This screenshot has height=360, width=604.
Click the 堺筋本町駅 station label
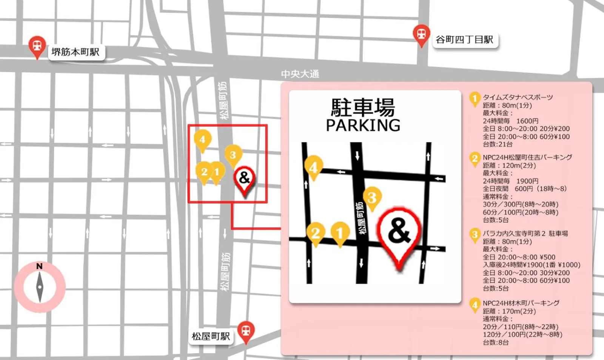(75, 52)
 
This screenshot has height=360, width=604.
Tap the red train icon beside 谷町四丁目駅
(421, 34)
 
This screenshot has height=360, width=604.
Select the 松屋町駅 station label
(211, 336)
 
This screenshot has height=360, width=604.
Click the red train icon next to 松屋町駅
(246, 331)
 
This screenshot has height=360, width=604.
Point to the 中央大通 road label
(300, 74)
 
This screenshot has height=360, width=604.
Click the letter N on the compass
(39, 266)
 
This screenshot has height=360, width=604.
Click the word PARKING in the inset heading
(363, 125)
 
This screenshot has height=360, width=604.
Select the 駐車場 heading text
(363, 108)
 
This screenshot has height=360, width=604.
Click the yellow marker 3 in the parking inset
(372, 197)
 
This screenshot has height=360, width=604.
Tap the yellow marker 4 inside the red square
(202, 140)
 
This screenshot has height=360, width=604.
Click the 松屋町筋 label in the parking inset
(361, 218)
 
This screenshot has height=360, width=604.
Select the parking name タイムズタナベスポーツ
(518, 97)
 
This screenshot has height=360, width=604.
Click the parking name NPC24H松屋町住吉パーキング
(527, 157)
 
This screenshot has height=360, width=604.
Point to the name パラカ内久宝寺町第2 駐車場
(525, 234)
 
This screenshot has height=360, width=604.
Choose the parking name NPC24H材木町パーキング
(521, 303)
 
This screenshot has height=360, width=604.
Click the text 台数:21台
(498, 144)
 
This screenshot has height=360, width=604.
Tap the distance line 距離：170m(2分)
(509, 311)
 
